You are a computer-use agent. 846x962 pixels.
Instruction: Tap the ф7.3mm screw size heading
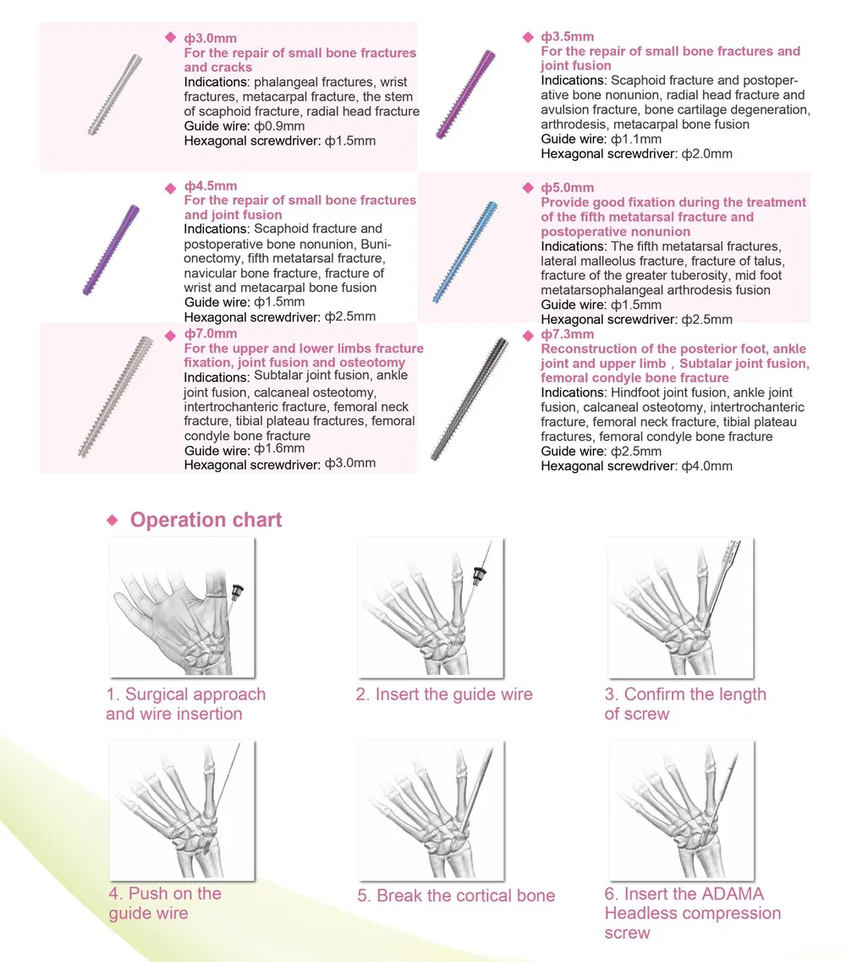point(567,334)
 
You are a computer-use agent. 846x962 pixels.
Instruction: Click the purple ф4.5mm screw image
point(111,250)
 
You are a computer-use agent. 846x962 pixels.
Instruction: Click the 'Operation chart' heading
point(206,519)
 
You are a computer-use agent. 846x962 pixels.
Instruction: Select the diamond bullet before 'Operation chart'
point(111,520)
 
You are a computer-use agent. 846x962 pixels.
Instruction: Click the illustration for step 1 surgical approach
point(181,607)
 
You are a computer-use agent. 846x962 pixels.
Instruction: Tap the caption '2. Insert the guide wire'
point(444,695)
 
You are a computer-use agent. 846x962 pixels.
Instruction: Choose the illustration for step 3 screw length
point(680,607)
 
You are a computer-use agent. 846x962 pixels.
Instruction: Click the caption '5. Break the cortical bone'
point(456,896)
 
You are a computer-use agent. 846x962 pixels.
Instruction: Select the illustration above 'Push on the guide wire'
point(181,811)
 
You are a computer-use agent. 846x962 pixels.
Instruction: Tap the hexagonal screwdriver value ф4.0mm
point(707,466)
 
